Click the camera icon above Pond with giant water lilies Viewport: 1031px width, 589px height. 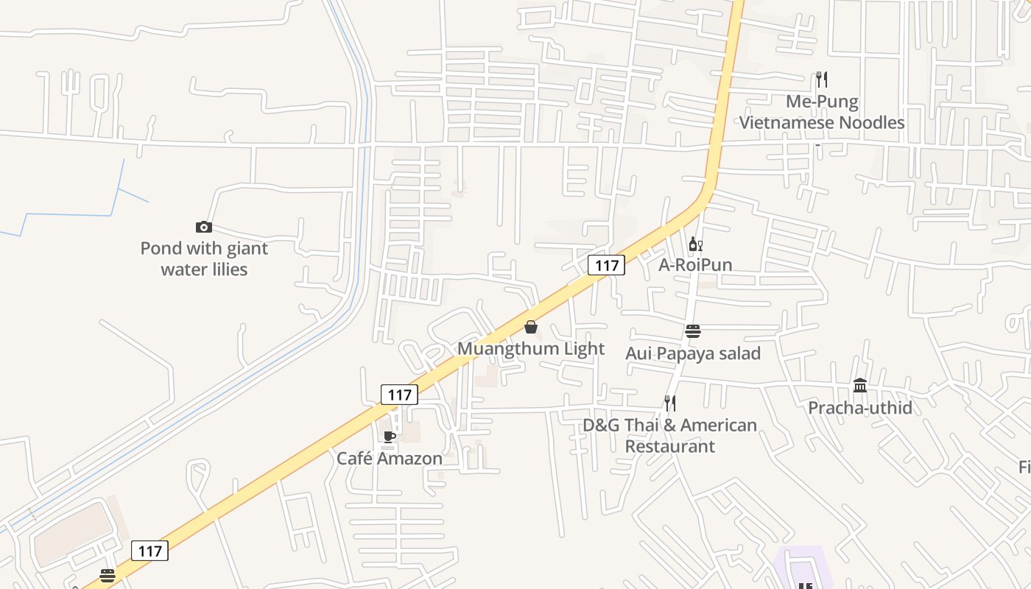204,227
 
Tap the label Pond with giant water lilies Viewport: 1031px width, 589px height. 204,259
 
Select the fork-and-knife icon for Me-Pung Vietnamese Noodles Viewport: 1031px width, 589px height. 822,79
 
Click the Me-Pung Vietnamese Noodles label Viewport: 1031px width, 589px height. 822,112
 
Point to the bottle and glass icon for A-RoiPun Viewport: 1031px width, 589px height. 695,244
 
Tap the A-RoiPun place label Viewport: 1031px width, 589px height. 695,265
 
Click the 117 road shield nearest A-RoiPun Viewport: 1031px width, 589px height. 606,265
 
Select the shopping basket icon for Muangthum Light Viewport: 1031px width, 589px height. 531,327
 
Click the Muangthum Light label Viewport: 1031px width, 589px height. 531,349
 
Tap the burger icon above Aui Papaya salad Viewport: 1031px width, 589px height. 692,331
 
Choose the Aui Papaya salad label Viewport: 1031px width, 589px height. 692,353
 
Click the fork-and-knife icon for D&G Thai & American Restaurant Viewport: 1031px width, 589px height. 670,403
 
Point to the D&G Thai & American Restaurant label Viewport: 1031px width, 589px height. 670,435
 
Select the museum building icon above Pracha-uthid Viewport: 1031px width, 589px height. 860,385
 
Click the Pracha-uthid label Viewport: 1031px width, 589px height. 860,408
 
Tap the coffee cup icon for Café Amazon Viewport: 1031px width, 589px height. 390,437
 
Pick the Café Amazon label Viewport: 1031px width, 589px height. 390,459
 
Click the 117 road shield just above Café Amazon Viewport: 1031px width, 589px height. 400,395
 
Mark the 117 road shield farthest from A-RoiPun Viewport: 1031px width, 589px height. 149,550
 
